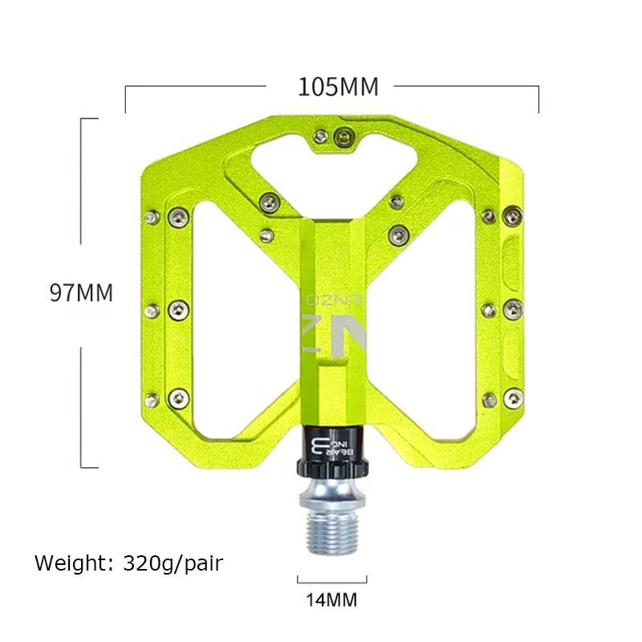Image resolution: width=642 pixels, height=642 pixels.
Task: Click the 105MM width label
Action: [x=337, y=87]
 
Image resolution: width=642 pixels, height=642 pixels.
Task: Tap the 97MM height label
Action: [x=81, y=293]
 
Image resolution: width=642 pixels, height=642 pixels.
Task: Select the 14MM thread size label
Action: [x=331, y=599]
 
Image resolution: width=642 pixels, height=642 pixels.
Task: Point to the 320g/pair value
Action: [x=173, y=563]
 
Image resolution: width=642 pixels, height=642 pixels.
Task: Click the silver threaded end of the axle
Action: [x=332, y=529]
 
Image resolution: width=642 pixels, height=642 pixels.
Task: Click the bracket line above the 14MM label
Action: [x=332, y=578]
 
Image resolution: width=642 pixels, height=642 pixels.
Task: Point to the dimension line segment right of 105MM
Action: [x=465, y=84]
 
